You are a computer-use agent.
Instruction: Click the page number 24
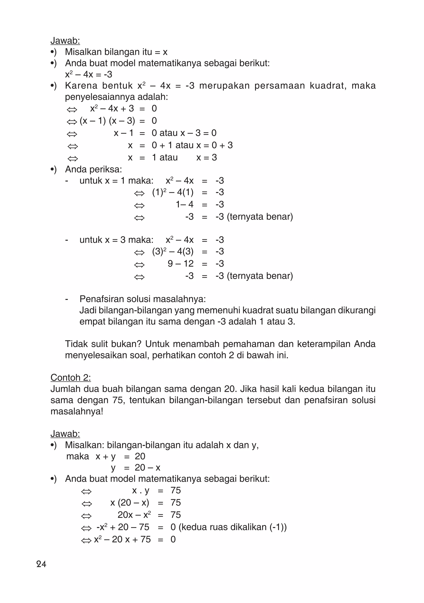click(x=41, y=564)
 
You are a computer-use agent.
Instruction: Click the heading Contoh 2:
click(x=71, y=377)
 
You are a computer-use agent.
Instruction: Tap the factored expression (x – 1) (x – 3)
click(x=107, y=121)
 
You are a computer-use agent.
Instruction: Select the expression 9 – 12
click(x=181, y=263)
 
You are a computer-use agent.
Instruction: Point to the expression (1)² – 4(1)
click(x=173, y=192)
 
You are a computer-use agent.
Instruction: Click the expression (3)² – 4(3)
click(x=173, y=251)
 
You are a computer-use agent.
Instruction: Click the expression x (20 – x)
click(x=130, y=502)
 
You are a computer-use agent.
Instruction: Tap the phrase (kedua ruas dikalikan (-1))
click(x=232, y=527)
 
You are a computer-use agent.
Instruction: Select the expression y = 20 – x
click(x=135, y=467)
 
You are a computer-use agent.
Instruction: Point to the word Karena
click(x=81, y=86)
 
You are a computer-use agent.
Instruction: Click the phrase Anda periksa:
click(x=93, y=169)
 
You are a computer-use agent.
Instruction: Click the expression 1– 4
click(x=184, y=204)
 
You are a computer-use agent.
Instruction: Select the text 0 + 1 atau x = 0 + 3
click(x=192, y=145)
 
